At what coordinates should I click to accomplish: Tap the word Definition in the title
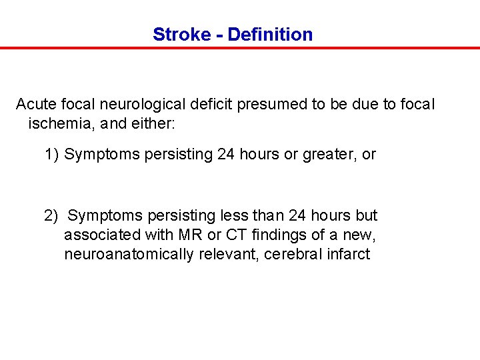pyautogui.click(x=270, y=35)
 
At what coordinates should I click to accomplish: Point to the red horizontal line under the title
pyautogui.click(x=240, y=48)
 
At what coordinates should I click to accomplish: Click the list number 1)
pyautogui.click(x=52, y=155)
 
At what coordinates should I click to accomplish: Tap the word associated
pyautogui.click(x=100, y=235)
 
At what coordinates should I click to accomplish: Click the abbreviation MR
pyautogui.click(x=183, y=235)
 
